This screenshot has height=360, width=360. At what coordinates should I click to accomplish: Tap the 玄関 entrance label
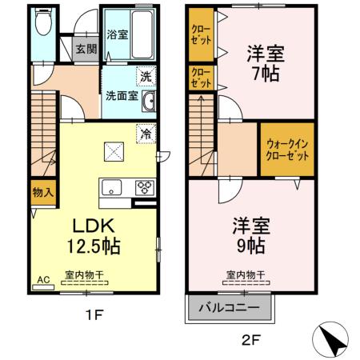[x=86, y=49]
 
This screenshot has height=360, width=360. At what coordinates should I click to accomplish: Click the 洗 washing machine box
[x=146, y=77]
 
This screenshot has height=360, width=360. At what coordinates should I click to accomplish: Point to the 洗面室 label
[x=121, y=96]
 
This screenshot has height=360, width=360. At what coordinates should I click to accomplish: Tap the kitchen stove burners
[x=144, y=189]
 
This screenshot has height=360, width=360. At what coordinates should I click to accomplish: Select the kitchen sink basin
[x=112, y=189]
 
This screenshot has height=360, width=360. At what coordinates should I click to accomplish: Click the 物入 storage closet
[x=43, y=191]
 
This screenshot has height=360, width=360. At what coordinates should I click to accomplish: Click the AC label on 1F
[x=43, y=279]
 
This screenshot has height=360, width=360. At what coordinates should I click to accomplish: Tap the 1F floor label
[x=94, y=314]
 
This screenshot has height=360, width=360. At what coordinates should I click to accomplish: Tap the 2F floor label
[x=251, y=338]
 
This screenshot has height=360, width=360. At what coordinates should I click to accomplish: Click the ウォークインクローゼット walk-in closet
[x=286, y=150]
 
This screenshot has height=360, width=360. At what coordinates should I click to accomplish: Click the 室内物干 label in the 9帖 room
[x=245, y=275]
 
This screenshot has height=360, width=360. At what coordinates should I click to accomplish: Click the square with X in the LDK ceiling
[x=114, y=150]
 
